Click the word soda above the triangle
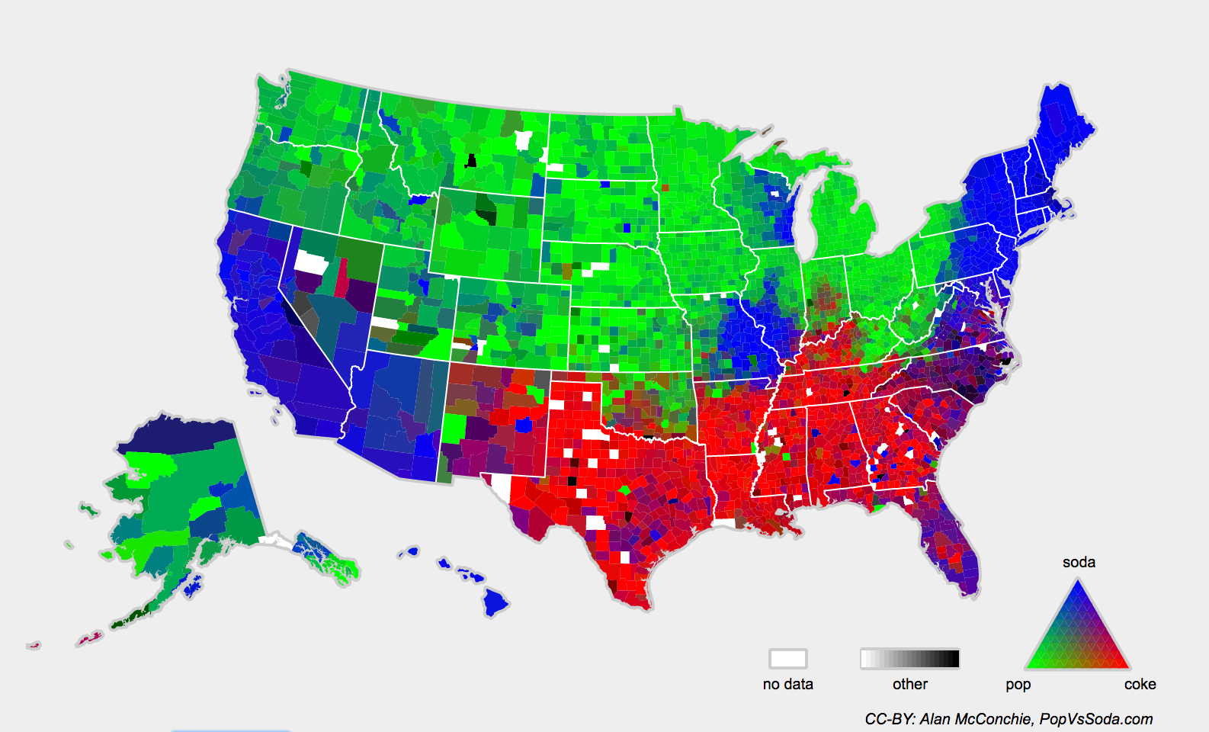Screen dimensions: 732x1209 [1079, 562]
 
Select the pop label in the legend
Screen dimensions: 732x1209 [1018, 684]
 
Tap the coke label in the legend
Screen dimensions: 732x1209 [1140, 684]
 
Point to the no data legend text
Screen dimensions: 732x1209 [787, 684]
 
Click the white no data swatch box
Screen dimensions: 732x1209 [787, 658]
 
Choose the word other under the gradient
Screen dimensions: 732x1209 [909, 684]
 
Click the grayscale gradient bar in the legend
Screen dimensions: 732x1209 [909, 658]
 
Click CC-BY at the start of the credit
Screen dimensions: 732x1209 [889, 719]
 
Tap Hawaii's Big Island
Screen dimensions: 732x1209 [495, 604]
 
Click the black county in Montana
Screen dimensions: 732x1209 [471, 160]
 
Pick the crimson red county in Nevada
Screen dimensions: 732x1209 [342, 276]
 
